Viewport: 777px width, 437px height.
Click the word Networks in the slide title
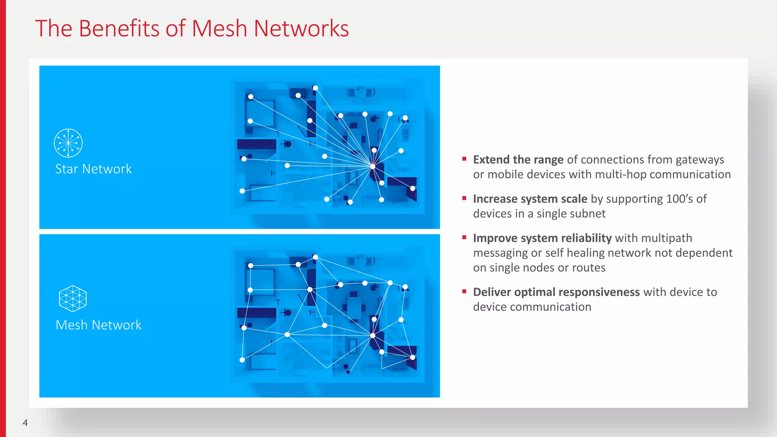point(301,28)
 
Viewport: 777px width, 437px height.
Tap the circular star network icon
point(68,143)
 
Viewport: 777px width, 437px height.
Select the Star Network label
point(93,169)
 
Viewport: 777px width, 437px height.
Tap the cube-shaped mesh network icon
point(73,299)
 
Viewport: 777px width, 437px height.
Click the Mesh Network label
point(98,325)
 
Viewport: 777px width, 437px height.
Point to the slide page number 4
point(25,423)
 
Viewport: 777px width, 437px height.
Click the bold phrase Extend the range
point(518,160)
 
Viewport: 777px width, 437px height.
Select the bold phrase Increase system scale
point(530,199)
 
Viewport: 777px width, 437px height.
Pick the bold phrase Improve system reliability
point(542,238)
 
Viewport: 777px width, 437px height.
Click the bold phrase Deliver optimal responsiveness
point(556,292)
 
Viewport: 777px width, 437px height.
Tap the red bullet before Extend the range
point(464,159)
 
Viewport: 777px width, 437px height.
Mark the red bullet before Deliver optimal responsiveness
point(464,291)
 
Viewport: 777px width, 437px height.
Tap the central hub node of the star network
point(373,166)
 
